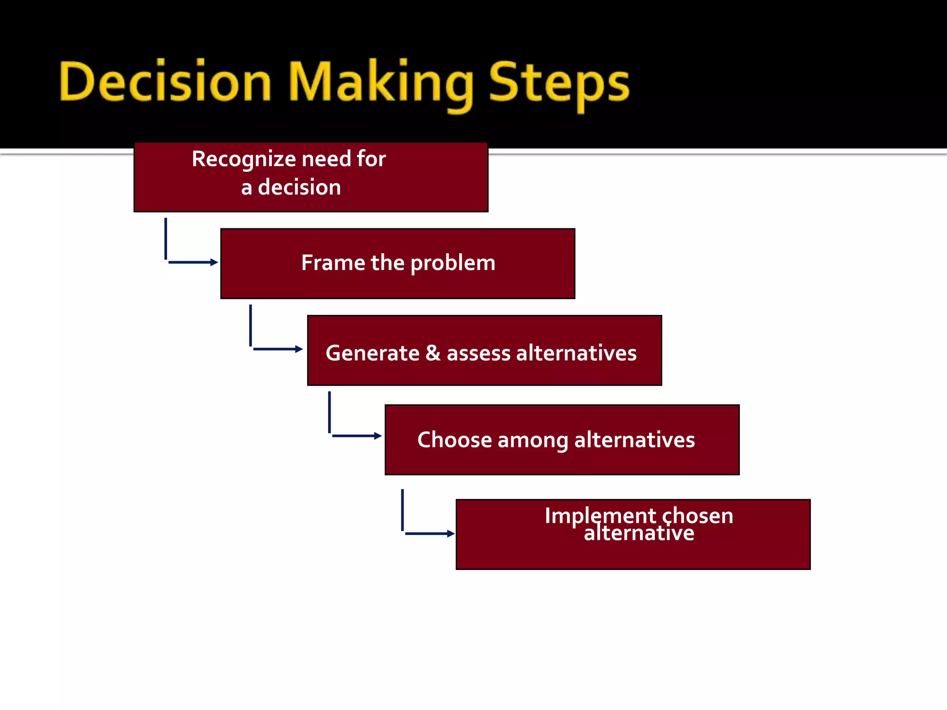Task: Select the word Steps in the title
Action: [x=559, y=83]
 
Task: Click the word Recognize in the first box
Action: [x=244, y=159]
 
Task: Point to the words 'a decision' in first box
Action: [x=291, y=187]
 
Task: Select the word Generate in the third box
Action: [x=372, y=353]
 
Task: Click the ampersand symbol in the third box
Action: [x=433, y=353]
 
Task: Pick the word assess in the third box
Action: [x=478, y=354]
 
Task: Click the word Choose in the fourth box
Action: [x=454, y=440]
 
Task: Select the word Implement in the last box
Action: [x=600, y=515]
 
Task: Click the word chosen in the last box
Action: [x=698, y=515]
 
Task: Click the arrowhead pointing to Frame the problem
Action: [x=214, y=262]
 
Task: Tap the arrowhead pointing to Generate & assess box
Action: [x=299, y=349]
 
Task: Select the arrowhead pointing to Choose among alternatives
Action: [x=378, y=435]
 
